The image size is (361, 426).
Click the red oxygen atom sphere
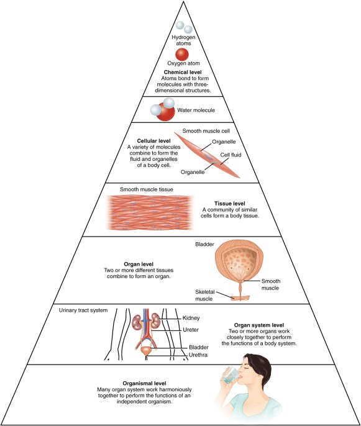(182, 54)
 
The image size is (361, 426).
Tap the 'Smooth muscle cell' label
(206, 132)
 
